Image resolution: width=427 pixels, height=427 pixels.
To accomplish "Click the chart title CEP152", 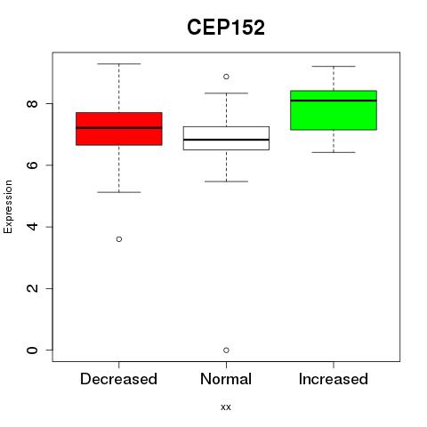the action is pyautogui.click(x=226, y=28).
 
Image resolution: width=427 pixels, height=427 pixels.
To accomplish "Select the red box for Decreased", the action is pyautogui.click(x=119, y=129).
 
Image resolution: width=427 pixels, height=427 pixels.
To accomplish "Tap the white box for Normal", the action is pyautogui.click(x=226, y=138).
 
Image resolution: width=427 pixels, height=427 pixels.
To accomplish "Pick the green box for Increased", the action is pyautogui.click(x=334, y=110).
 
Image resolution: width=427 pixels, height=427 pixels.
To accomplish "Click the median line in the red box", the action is pyautogui.click(x=119, y=128).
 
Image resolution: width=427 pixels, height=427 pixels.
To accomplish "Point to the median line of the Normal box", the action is pyautogui.click(x=226, y=140).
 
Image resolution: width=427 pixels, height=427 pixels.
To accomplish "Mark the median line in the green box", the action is pyautogui.click(x=334, y=101).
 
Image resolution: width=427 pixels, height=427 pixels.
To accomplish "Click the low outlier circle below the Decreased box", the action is pyautogui.click(x=119, y=239).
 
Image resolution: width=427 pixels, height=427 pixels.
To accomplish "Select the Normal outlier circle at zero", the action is pyautogui.click(x=226, y=350).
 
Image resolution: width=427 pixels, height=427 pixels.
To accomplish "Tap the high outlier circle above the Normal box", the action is pyautogui.click(x=226, y=77).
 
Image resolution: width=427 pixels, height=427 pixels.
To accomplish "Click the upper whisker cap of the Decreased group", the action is pyautogui.click(x=119, y=64).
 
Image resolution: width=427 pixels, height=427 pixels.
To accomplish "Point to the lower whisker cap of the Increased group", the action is pyautogui.click(x=334, y=152).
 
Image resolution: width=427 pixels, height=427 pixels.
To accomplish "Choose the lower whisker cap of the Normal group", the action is pyautogui.click(x=226, y=181).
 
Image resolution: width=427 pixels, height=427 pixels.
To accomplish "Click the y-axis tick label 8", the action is pyautogui.click(x=32, y=103).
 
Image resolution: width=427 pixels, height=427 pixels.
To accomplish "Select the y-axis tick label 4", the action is pyautogui.click(x=32, y=227).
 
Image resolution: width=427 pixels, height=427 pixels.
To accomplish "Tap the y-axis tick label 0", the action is pyautogui.click(x=32, y=350).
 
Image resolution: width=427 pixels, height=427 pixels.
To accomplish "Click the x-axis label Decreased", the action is pyautogui.click(x=118, y=379).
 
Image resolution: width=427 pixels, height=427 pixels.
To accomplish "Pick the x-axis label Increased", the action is pyautogui.click(x=334, y=379).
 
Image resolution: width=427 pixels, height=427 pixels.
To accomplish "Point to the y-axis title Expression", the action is pyautogui.click(x=8, y=206).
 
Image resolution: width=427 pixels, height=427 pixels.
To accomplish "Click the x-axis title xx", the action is pyautogui.click(x=226, y=407).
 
